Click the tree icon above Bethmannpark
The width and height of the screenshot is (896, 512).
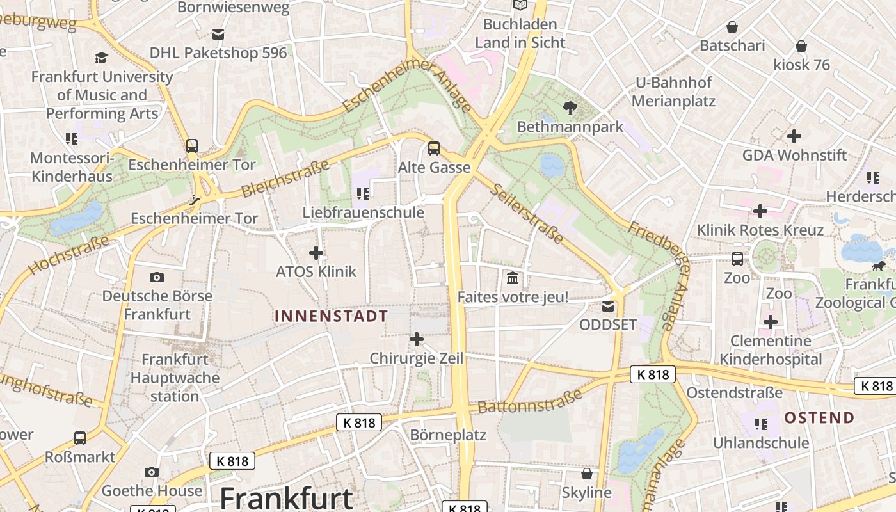click(570, 108)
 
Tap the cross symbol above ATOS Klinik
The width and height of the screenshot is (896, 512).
click(316, 253)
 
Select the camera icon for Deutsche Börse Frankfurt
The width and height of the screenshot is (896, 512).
click(157, 277)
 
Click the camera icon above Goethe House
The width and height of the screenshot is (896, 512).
click(152, 472)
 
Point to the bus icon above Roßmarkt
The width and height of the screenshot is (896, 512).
click(80, 438)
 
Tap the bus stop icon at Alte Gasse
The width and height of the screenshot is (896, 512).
click(434, 148)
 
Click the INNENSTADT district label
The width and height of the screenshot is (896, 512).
click(331, 316)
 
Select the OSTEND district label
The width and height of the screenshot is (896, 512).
click(820, 418)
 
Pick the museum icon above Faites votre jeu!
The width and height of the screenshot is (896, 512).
click(513, 278)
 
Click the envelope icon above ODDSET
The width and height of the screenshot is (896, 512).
click(608, 307)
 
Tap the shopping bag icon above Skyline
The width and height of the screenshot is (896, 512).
click(587, 474)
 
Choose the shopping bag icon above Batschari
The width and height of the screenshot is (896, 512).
click(732, 28)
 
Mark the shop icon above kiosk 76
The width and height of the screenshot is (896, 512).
click(801, 47)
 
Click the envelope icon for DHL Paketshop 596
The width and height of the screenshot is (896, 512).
click(219, 35)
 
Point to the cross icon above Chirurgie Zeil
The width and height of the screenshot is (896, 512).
click(417, 339)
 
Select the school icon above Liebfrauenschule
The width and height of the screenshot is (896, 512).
click(363, 193)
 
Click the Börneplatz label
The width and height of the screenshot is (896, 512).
click(448, 435)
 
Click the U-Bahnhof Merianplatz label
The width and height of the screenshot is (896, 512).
click(673, 92)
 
